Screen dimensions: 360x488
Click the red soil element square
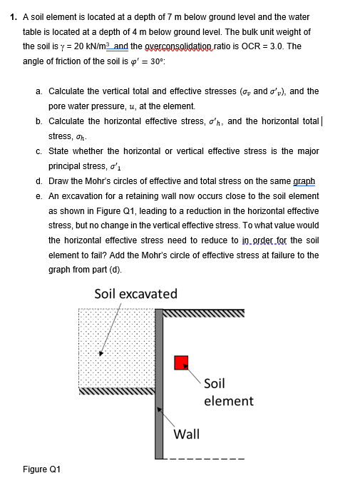click(x=181, y=362)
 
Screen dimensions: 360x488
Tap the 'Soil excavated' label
click(x=135, y=293)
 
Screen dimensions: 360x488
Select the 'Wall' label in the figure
click(x=186, y=434)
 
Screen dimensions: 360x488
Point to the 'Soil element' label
click(x=227, y=392)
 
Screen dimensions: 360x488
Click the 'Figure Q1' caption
click(x=41, y=469)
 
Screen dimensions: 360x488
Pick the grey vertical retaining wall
click(x=159, y=385)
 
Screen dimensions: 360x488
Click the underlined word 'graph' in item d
click(x=304, y=181)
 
